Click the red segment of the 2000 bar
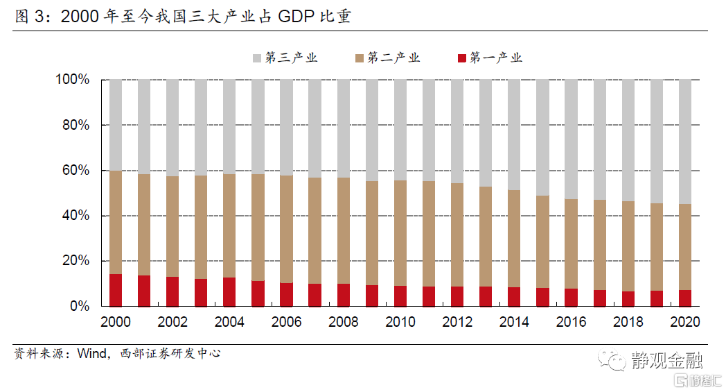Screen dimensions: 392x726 coord(116,290)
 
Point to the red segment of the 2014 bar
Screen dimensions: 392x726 coord(514,296)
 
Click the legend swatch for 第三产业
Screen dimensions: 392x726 coord(256,58)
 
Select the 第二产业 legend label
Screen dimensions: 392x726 coord(394,58)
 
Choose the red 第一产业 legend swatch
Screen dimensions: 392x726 coord(461,58)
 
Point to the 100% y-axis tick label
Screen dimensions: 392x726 coord(73,80)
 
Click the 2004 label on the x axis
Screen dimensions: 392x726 coord(229,322)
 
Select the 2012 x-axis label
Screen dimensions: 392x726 coord(457,322)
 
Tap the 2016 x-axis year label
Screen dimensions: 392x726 coord(571,322)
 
